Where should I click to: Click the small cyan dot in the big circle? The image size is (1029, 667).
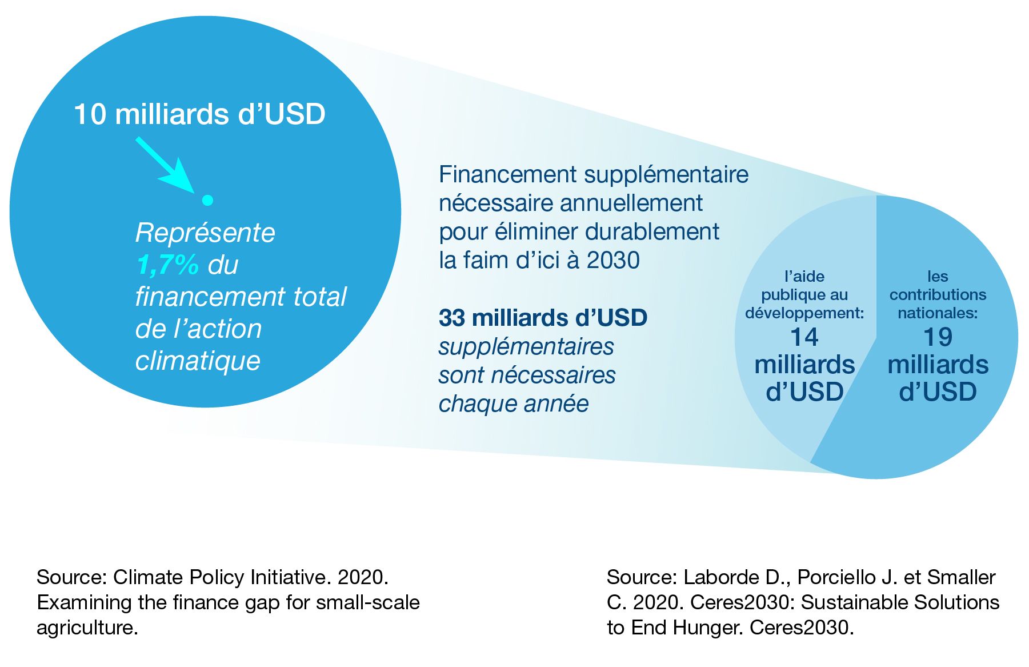208,200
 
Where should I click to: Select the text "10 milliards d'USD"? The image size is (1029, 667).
200,114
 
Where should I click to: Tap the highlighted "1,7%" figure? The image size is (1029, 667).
167,265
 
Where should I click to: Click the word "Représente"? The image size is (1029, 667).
205,233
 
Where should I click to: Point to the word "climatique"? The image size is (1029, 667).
198,361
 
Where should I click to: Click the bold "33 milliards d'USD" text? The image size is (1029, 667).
543,318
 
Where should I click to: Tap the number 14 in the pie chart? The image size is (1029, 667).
804,337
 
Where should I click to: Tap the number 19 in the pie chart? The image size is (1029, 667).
938,337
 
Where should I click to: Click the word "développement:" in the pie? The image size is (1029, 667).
804,313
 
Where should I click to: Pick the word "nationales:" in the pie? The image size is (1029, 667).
938,313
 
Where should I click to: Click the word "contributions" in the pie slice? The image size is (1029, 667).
938,295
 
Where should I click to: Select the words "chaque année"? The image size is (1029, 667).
514,404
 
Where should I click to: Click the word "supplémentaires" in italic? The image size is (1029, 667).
526,346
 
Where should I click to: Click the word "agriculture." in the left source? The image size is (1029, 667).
87,628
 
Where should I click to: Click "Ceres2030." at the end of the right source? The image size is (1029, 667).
802,628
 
